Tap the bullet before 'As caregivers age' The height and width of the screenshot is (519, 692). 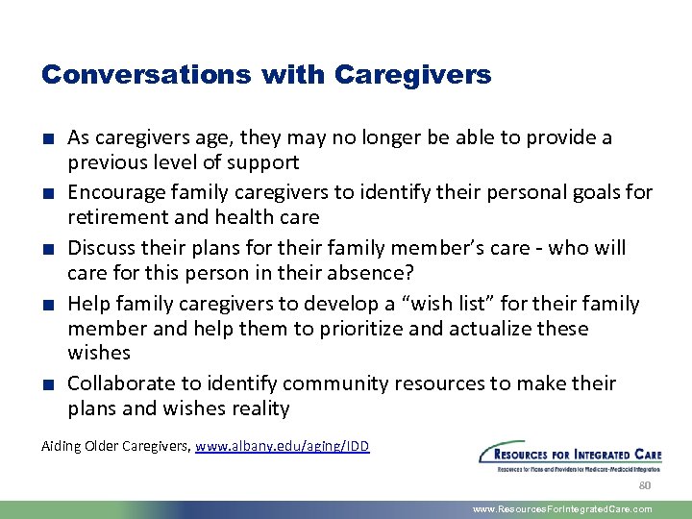48,138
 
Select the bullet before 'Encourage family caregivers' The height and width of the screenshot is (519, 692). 48,193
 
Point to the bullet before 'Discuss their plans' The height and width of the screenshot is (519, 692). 48,249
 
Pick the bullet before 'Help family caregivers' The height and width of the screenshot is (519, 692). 48,305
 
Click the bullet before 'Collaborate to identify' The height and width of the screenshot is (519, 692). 48,384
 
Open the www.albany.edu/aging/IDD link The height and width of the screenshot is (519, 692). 282,446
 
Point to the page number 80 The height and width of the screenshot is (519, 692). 645,485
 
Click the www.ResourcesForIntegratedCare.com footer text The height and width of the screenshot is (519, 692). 562,509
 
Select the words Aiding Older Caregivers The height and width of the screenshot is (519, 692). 115,446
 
